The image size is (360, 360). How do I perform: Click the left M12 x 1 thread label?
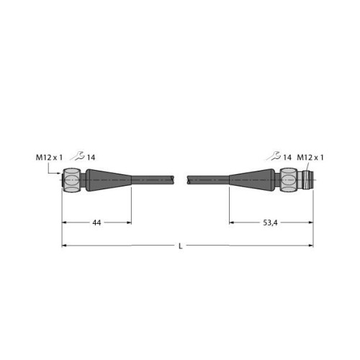click(x=49, y=158)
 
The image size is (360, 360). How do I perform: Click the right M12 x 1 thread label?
click(x=310, y=158)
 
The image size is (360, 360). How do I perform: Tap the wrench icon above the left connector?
click(x=77, y=156)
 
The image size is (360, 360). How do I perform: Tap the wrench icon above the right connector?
click(x=274, y=156)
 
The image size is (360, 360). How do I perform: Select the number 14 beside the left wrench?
click(x=91, y=158)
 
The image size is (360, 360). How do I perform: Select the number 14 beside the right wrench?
click(x=287, y=158)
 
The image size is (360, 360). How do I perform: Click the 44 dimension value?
click(x=96, y=223)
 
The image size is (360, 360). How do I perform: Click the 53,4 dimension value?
click(x=270, y=223)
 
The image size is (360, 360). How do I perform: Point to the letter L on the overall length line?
click(x=181, y=246)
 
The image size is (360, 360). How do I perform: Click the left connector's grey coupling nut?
click(x=71, y=180)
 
